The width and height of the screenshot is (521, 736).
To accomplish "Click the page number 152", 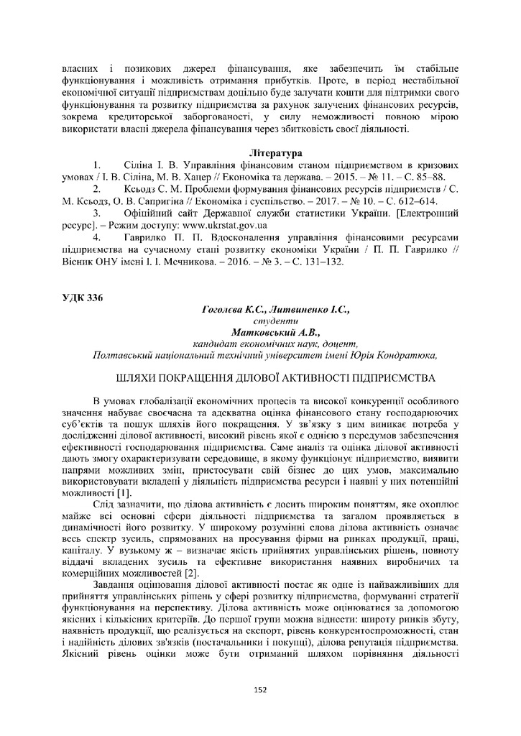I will [x=260, y=690].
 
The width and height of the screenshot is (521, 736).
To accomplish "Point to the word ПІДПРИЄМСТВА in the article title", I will [x=384, y=377].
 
